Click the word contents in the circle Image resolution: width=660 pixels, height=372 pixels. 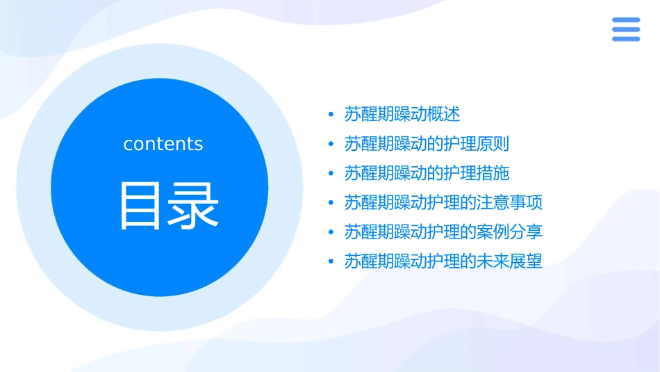[163, 144]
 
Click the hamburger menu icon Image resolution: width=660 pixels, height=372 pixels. [625, 30]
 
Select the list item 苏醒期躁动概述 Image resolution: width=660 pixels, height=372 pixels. [402, 114]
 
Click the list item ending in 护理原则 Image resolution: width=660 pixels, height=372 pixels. [427, 144]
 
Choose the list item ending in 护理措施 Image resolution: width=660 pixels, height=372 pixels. [427, 173]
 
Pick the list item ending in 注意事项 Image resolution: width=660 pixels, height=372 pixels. [443, 203]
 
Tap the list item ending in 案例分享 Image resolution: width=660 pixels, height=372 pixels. [443, 232]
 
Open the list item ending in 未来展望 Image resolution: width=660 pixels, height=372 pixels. [443, 262]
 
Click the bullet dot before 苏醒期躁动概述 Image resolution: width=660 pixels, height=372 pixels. [331, 115]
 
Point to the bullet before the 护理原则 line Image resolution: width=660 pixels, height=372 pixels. [331, 145]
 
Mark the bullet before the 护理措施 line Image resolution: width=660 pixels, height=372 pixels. [331, 174]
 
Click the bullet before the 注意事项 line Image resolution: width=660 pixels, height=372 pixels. [331, 204]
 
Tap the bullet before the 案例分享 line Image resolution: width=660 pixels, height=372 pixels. [331, 233]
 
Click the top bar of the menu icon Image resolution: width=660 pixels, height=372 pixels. [625, 20]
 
